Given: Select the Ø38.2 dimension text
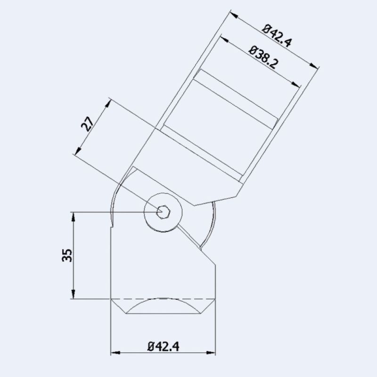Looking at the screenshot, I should coord(261,57).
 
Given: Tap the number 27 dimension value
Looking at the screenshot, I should coord(87,123).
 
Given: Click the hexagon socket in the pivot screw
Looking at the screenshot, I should coord(164,212).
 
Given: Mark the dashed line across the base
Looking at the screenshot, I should coord(163,299).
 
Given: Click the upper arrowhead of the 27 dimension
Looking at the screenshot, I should coord(107,102).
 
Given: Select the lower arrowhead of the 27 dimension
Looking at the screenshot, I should coord(76,151).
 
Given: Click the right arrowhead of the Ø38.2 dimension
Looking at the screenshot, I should coord(297,85).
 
